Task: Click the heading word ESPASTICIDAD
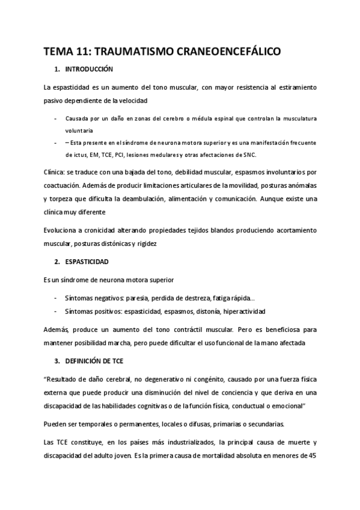point(88,262)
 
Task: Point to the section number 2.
point(56,262)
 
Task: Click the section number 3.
point(56,360)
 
